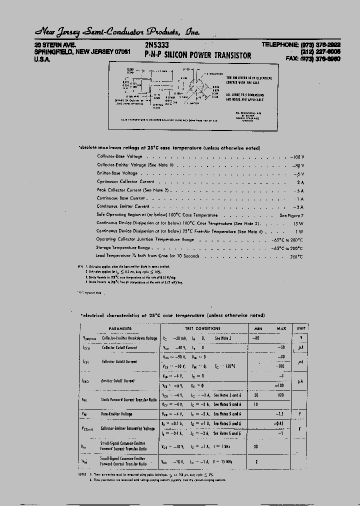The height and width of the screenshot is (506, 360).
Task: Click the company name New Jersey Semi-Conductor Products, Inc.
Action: [x=117, y=32]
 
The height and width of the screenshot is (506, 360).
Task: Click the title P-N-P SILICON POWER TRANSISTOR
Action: [x=198, y=55]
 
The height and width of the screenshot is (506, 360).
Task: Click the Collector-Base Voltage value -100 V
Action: [x=297, y=156]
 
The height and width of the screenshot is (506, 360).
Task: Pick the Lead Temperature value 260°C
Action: [x=294, y=256]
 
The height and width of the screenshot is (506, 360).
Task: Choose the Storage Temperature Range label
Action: [x=123, y=247]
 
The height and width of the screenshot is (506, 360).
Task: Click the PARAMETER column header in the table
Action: [x=120, y=328]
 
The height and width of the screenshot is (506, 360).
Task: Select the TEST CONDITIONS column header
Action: [x=202, y=328]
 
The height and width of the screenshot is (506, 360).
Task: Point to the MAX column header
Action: [x=281, y=328]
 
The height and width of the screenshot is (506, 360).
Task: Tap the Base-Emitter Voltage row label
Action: [x=116, y=414]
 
